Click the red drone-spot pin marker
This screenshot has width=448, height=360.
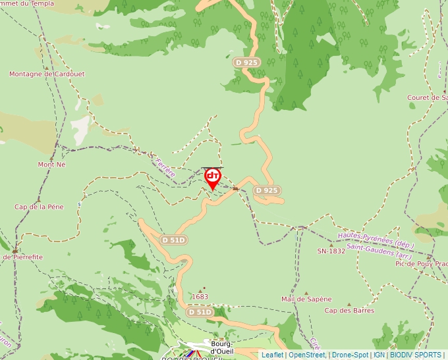[x=213, y=177]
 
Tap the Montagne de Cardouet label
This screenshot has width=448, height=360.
[x=47, y=74]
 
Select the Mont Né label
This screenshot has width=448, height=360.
[x=52, y=165]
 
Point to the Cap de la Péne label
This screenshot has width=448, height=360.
[x=40, y=207]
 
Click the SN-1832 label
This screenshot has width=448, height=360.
[x=331, y=251]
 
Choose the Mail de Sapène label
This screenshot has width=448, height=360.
[x=306, y=299]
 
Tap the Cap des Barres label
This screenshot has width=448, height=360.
[x=349, y=311]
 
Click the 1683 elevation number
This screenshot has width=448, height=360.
[x=200, y=297]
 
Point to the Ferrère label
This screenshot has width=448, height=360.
[x=165, y=168]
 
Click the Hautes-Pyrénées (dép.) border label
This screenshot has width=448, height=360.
[x=376, y=238]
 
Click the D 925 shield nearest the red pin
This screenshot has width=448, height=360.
[x=267, y=190]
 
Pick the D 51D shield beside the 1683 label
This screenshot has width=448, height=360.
[x=200, y=312]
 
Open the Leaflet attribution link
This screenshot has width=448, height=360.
[x=273, y=355]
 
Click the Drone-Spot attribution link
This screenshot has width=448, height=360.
[x=350, y=355]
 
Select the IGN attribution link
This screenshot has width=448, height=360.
[x=379, y=355]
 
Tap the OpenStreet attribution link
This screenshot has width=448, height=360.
[x=307, y=355]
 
